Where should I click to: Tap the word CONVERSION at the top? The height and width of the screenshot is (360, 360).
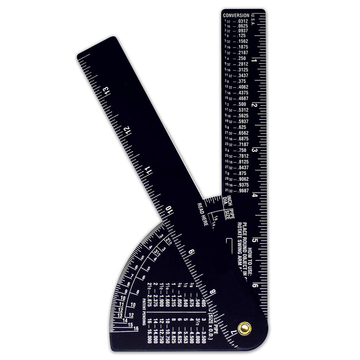pos(236,15)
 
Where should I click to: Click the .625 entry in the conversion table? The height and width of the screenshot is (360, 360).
pos(242,127)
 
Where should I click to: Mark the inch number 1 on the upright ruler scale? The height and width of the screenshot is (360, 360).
pos(255,60)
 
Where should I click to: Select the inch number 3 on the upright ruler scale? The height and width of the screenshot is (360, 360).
pos(255,150)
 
